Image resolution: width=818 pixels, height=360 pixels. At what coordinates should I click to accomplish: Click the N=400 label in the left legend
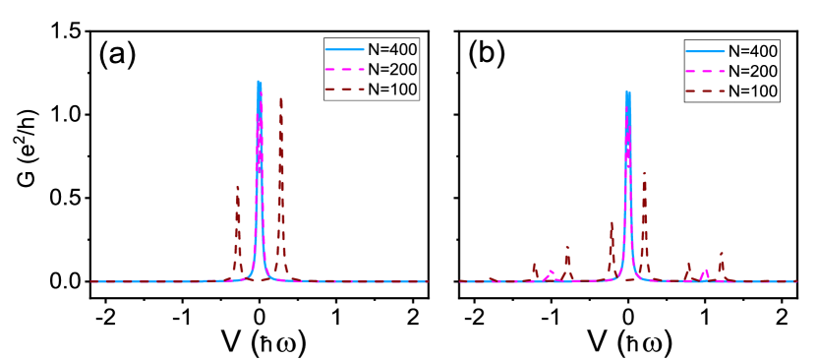[392, 49]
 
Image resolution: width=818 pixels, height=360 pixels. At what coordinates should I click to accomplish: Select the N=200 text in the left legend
[392, 69]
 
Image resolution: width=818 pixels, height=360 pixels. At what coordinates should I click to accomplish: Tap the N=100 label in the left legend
[392, 89]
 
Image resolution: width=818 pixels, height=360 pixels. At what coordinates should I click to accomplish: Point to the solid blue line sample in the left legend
[345, 49]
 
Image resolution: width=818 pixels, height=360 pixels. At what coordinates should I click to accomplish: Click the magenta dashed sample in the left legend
[345, 69]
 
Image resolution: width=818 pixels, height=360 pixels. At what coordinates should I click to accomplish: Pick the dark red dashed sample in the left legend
[345, 89]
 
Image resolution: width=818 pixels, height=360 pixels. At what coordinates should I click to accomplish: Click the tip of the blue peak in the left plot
[259, 82]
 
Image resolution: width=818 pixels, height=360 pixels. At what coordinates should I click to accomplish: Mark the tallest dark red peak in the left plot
[281, 97]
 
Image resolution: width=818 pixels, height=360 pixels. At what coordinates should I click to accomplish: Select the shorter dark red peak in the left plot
[237, 187]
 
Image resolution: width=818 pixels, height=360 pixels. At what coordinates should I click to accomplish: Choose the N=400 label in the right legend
[753, 51]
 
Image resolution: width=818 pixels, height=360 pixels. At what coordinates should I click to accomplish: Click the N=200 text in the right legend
[753, 71]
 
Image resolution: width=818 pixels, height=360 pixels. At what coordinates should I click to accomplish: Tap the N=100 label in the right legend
[753, 90]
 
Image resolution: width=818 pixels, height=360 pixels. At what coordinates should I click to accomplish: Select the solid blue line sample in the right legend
[706, 51]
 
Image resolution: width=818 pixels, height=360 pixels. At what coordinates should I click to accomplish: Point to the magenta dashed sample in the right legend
[706, 71]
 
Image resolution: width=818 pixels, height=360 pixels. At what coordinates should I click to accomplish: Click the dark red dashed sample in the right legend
[706, 90]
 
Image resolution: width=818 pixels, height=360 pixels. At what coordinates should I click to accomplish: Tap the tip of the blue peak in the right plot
[627, 92]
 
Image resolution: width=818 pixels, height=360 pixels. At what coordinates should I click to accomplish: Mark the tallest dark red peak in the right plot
[644, 174]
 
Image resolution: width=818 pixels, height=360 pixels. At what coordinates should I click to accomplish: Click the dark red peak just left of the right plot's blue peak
[612, 223]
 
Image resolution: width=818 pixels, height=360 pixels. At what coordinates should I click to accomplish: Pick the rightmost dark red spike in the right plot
[722, 254]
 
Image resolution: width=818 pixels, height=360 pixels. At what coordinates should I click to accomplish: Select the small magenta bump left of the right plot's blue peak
[551, 271]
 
